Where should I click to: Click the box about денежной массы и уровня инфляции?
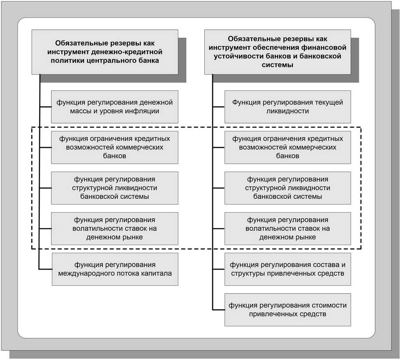[x=114, y=106]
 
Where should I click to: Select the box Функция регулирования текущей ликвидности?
[x=288, y=106]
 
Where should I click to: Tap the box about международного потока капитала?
[x=115, y=269]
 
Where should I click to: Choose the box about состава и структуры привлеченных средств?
[x=288, y=269]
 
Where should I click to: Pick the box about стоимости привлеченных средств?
[x=288, y=309]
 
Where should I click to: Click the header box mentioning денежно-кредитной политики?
[x=105, y=52]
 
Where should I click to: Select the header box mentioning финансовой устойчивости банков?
[x=277, y=52]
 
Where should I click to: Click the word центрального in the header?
[x=111, y=61]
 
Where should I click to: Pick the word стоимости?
[x=331, y=305]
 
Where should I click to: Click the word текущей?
[x=330, y=102]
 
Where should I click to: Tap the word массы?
[x=79, y=112]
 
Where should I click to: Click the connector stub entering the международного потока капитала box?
[x=46, y=269]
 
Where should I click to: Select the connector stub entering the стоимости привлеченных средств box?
[x=218, y=309]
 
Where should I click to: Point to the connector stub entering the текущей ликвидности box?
[x=218, y=106]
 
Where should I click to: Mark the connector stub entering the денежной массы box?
[x=46, y=106]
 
